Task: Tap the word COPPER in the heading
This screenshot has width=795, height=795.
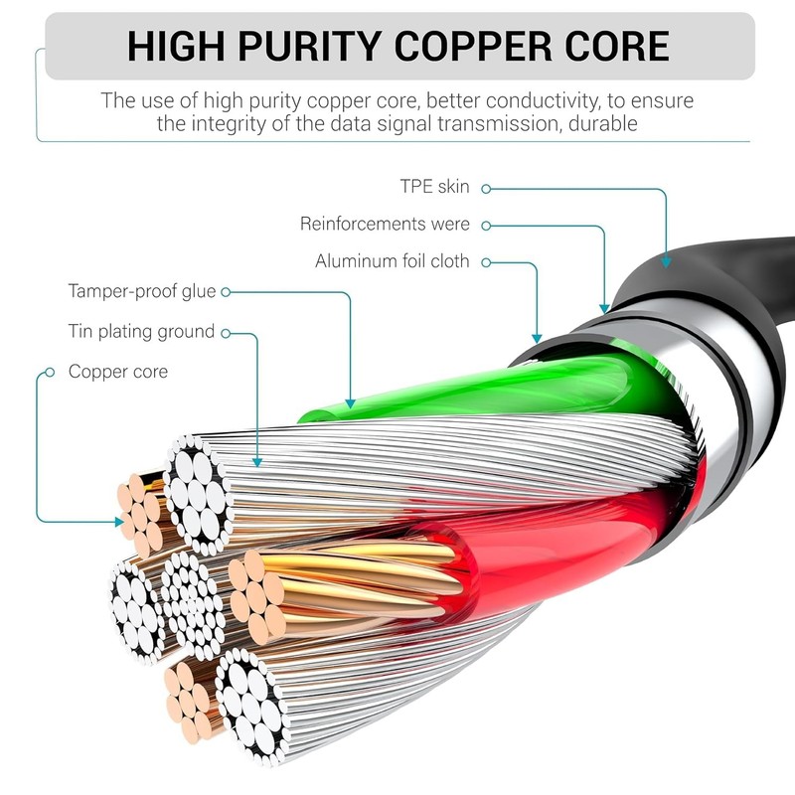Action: coord(473,46)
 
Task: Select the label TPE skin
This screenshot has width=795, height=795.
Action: coord(434,187)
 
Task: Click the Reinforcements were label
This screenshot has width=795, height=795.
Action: coord(385,224)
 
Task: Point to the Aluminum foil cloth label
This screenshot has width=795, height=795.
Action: coord(393,261)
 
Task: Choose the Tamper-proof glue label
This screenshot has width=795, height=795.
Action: coord(142,291)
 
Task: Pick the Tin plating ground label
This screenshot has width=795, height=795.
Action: coord(141,332)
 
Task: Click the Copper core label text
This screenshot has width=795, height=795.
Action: coord(118,372)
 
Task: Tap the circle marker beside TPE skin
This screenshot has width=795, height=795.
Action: coord(486,189)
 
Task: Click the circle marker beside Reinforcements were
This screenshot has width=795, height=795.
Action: coord(486,226)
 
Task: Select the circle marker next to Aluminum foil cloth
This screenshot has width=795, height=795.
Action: coord(486,262)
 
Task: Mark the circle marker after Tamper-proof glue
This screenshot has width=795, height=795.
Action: coord(226,292)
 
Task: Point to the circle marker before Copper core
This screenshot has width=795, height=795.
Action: coord(50,373)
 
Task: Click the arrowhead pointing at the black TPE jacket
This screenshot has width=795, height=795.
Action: coord(666,262)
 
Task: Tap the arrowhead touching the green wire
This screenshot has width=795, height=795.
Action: coord(350,403)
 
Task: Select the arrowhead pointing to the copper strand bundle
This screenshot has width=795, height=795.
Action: coord(119,522)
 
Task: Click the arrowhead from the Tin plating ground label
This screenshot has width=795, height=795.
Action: coord(257,462)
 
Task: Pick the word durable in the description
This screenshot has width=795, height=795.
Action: coord(603,123)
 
